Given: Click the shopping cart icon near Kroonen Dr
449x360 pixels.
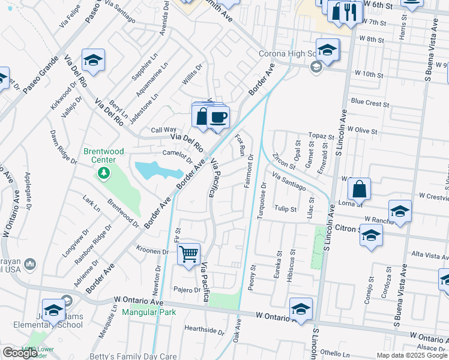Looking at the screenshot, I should (188, 255).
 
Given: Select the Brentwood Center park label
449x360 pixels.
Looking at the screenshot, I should (103, 155).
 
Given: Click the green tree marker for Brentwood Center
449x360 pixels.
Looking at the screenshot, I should (104, 173).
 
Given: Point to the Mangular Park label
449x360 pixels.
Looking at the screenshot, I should (148, 312).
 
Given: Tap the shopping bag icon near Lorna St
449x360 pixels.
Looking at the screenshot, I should (358, 189).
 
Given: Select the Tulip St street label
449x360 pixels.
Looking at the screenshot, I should (285, 209).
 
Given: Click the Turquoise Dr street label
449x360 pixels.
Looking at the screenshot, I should (261, 199).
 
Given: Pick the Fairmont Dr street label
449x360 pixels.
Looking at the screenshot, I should (248, 171).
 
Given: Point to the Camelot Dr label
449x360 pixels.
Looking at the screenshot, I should (177, 157).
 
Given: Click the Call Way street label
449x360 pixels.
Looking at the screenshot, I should (163, 130).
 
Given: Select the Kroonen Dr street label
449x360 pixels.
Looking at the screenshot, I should (152, 251).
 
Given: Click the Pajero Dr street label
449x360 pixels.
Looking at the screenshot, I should (187, 290).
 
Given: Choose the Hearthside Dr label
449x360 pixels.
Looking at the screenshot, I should (204, 329).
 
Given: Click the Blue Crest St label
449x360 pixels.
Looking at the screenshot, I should (370, 103).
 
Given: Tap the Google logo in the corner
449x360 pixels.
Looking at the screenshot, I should (20, 353).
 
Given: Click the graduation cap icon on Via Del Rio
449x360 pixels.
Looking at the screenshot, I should (93, 60).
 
